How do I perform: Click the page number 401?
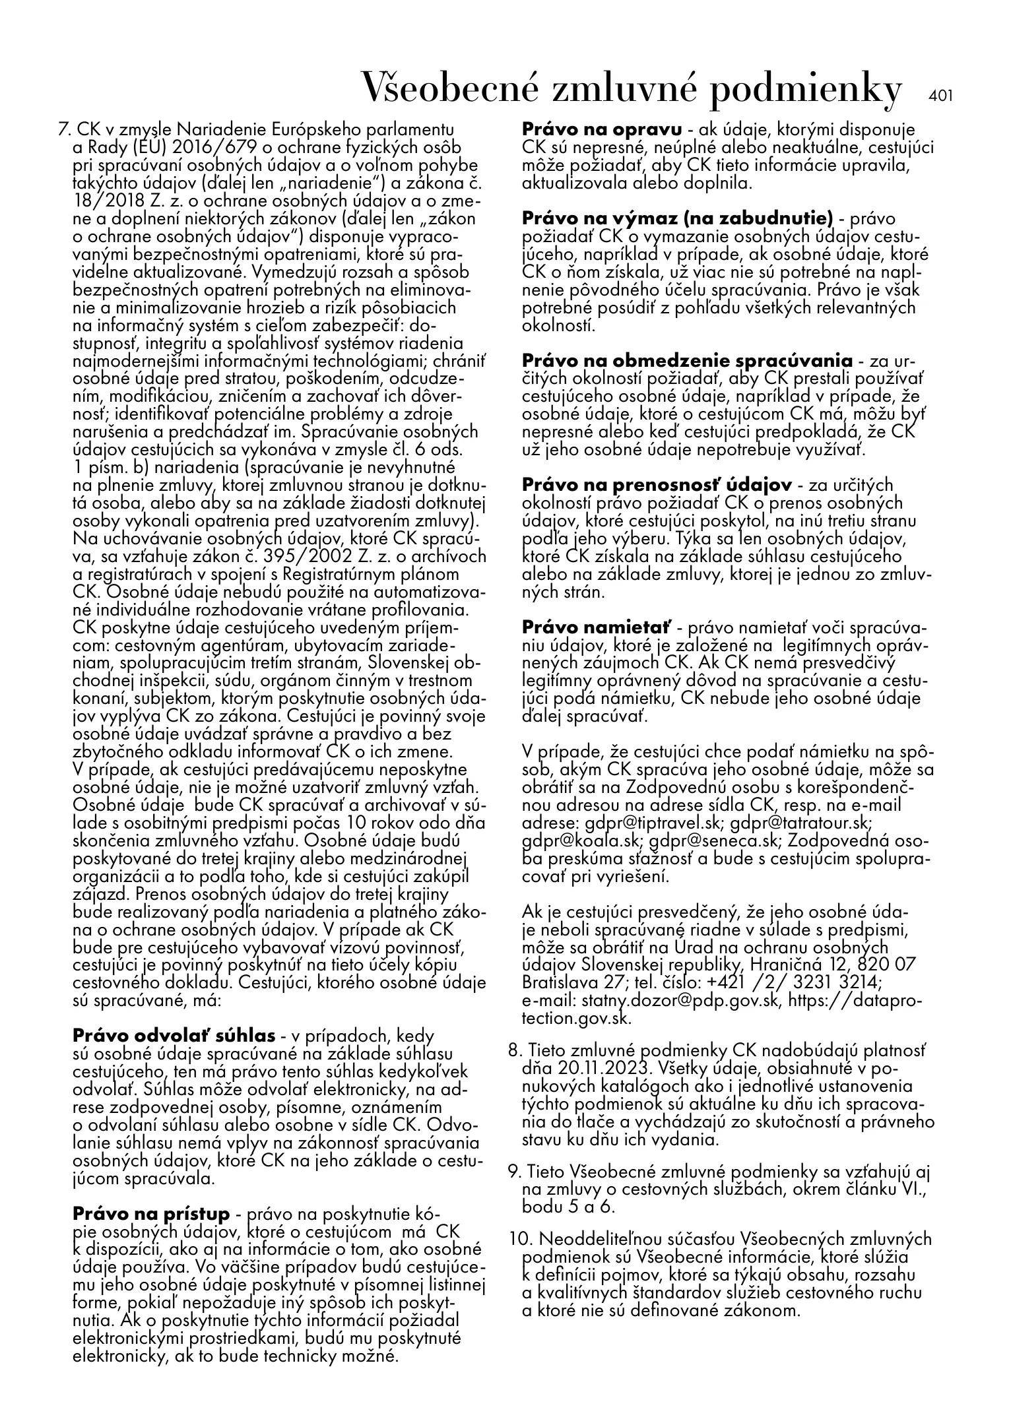coord(941,95)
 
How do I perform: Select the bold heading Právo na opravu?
coord(602,129)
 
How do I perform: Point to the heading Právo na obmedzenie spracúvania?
coord(687,361)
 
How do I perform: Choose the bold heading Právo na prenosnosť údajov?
coord(657,485)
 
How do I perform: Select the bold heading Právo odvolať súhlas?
coord(174,1035)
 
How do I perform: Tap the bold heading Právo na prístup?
coord(151,1214)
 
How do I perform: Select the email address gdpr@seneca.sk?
coord(713,841)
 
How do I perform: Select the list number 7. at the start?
coord(65,129)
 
